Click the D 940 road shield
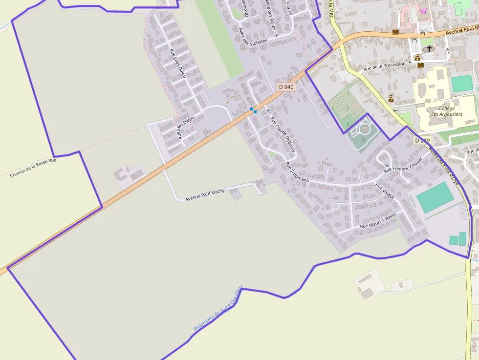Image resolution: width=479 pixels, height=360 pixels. (x=286, y=87)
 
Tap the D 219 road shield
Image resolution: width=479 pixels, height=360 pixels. (x=423, y=141)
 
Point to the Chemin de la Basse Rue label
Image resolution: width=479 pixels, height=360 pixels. (x=33, y=167)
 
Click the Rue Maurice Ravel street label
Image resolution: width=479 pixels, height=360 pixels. (x=377, y=221)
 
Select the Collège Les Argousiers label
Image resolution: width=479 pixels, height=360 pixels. (x=447, y=111)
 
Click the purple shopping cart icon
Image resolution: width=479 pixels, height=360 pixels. (x=423, y=11)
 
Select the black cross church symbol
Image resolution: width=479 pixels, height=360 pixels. (x=429, y=48)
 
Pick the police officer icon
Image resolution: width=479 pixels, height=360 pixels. (x=391, y=99)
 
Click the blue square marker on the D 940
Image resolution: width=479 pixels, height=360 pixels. (x=253, y=110)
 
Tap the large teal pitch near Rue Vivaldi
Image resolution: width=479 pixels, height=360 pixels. (x=435, y=197)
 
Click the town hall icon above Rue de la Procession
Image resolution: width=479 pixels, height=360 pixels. (x=418, y=58)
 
